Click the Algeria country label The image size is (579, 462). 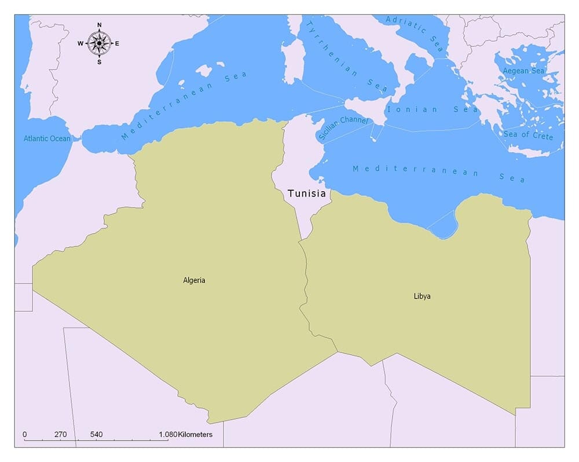[x=194, y=281]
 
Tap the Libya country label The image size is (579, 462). [x=422, y=296]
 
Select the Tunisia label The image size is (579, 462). [x=306, y=194]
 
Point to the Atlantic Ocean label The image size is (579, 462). [x=47, y=139]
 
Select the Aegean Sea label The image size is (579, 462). [x=523, y=71]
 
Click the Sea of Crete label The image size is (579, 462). [x=528, y=136]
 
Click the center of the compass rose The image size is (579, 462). [x=100, y=43]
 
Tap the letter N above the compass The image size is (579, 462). [x=100, y=25]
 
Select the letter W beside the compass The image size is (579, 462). [x=80, y=43]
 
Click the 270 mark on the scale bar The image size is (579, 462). [x=61, y=434]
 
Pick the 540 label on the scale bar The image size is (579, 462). [x=97, y=434]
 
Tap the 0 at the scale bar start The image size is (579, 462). [x=24, y=434]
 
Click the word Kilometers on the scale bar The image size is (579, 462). [x=195, y=434]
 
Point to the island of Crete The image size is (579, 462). [x=528, y=152]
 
